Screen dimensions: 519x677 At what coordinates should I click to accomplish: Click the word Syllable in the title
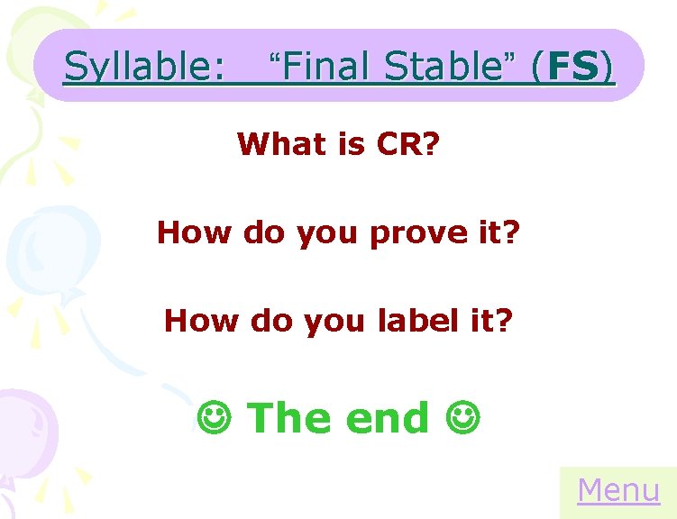point(143,67)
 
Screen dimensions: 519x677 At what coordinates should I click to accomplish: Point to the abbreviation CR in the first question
point(398,143)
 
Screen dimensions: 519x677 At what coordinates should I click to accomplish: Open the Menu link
point(618,491)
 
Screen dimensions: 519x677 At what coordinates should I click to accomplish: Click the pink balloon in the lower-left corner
point(27,432)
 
